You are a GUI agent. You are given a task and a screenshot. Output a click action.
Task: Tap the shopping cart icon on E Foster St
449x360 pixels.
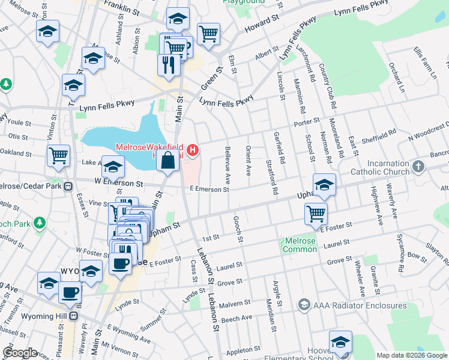coord(316,212)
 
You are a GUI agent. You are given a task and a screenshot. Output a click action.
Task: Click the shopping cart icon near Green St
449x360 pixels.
coord(208,34)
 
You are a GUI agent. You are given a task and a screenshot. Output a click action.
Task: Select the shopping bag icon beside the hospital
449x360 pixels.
coord(169,160)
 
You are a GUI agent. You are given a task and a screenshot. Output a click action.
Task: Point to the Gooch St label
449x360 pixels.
coord(238,230)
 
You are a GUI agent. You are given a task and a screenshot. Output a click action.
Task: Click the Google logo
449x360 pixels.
coord(20,353)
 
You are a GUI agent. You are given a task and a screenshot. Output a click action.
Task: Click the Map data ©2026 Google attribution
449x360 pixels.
coord(412,355)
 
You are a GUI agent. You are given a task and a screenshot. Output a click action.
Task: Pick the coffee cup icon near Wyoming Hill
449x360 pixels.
coord(70,292)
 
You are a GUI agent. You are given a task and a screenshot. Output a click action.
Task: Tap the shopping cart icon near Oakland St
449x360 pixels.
coord(59,155)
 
